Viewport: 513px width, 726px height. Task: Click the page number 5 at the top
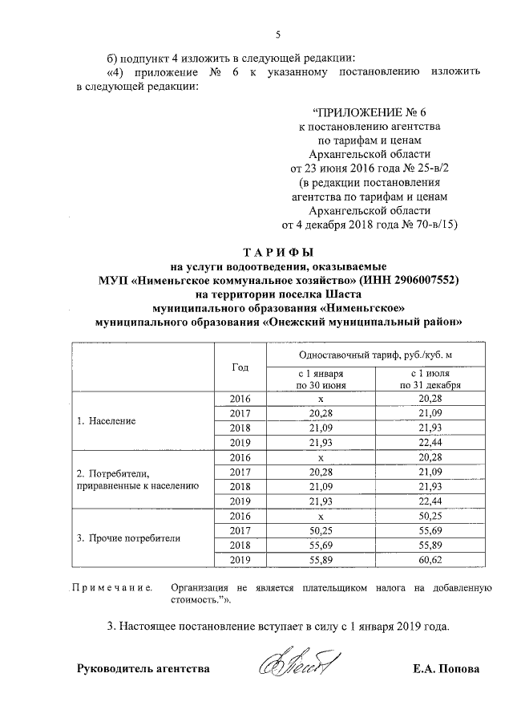coord(277,34)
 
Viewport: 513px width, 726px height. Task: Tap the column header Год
coord(240,367)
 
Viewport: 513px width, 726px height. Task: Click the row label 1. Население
coord(106,420)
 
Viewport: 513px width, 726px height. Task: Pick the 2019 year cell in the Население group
coord(240,443)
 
